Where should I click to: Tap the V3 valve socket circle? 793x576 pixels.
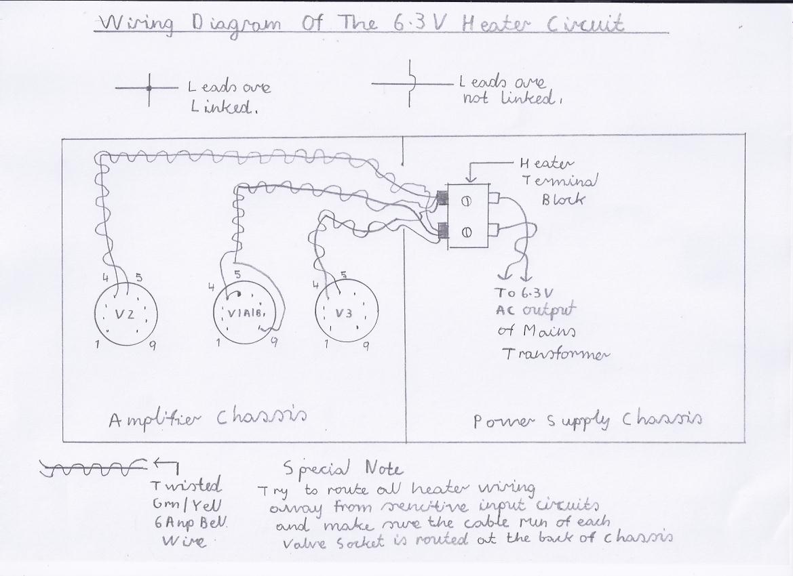click(346, 313)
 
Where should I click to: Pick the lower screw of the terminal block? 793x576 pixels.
click(467, 232)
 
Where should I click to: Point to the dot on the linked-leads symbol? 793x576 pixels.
click(150, 87)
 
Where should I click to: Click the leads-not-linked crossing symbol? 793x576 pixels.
click(410, 83)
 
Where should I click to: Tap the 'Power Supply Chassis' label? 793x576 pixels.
click(587, 420)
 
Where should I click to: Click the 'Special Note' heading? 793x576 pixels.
click(343, 468)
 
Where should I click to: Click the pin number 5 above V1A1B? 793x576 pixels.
click(237, 274)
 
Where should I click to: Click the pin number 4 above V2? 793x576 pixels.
click(105, 277)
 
